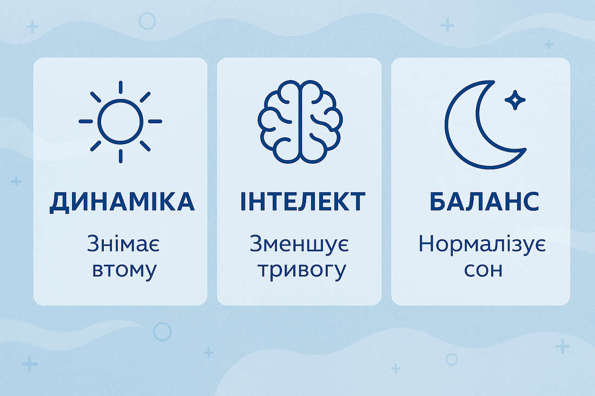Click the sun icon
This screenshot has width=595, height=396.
coord(120,122)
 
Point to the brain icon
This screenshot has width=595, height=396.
coord(300,121)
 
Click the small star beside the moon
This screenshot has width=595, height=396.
coord(514,99)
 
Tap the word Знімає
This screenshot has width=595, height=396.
coord(124,245)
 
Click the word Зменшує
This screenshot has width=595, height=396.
coord(299,245)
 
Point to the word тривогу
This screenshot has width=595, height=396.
coord(301,270)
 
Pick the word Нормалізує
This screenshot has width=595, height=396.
coord(482,245)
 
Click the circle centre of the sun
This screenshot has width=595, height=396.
coord(120,122)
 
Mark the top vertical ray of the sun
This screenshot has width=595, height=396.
coord(120,88)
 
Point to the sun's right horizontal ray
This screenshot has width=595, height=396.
coord(155,122)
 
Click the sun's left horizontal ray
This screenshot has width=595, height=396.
coord(85,122)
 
